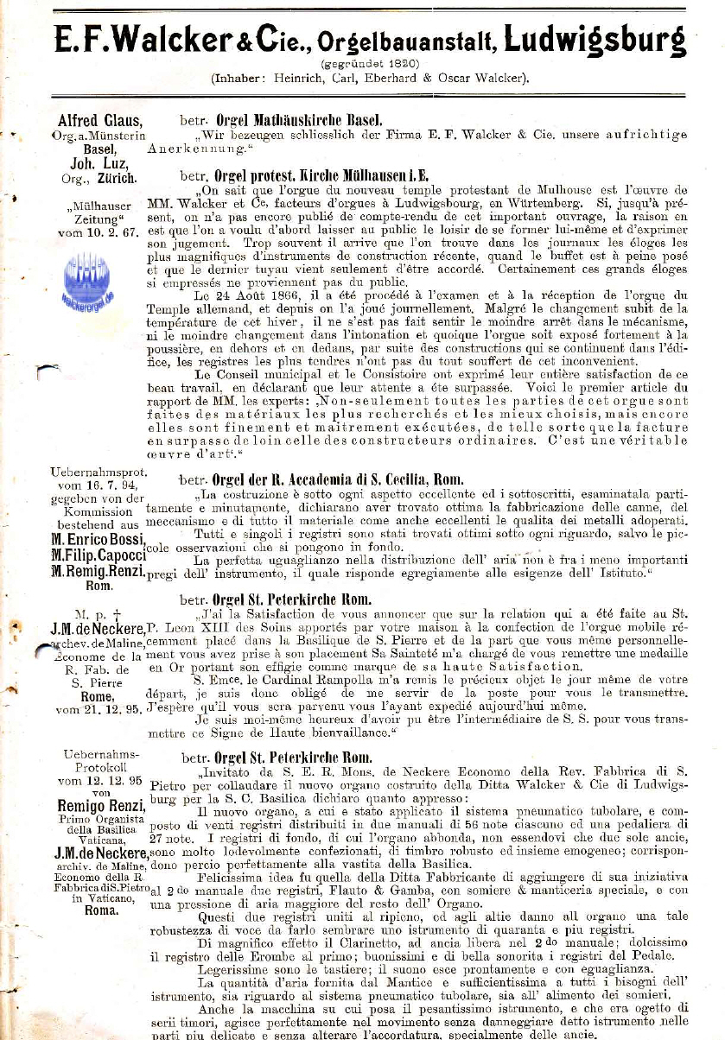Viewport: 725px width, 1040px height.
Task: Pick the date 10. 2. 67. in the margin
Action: (x=109, y=233)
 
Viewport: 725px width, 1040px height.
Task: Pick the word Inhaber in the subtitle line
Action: (x=238, y=78)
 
